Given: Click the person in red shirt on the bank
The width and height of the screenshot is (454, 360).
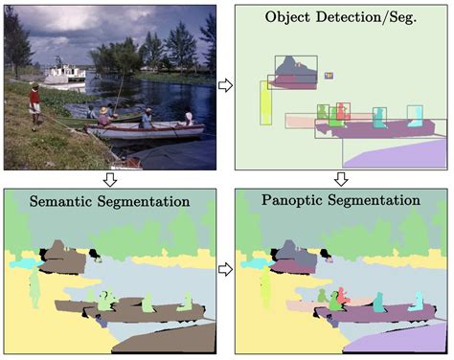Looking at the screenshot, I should pyautogui.click(x=35, y=104).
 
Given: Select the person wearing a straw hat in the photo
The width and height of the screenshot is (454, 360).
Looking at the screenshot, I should pyautogui.click(x=189, y=120).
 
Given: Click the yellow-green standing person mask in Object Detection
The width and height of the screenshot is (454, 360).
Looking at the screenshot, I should pyautogui.click(x=265, y=102).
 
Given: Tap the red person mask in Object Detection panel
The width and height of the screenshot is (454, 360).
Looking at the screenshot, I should pyautogui.click(x=336, y=115).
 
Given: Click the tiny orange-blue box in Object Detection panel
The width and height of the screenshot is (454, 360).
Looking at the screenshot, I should pyautogui.click(x=329, y=75).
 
